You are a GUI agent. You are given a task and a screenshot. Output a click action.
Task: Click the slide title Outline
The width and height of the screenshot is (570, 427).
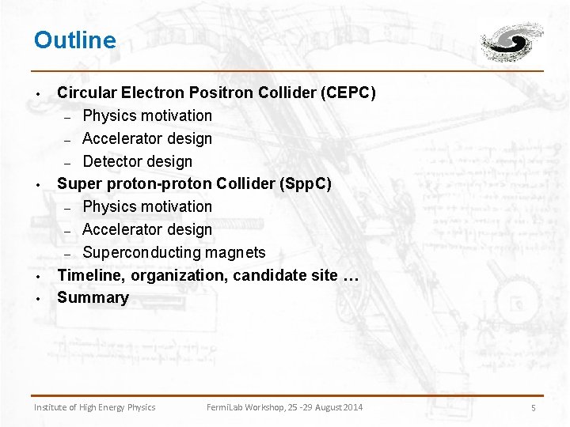coord(74,40)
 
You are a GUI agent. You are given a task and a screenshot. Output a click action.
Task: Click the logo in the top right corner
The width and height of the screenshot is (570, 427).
coord(512,41)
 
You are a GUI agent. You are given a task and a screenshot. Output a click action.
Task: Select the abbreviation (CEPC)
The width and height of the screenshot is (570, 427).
coord(348,93)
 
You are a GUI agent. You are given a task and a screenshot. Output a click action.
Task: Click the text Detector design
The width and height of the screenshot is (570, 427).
coord(137,161)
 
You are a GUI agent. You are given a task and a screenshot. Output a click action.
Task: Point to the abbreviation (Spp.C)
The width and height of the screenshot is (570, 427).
coord(306,184)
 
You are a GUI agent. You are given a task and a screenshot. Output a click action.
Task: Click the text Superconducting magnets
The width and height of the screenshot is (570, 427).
coord(174,252)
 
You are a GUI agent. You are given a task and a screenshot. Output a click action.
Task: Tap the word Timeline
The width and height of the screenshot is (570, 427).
coord(90,275)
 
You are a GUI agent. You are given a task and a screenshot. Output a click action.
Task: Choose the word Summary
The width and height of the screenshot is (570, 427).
coord(93,297)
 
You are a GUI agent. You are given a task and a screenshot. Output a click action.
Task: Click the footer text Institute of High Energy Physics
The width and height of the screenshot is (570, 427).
coord(94,407)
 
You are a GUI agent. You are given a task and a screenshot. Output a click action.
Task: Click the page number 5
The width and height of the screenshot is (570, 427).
coord(534,408)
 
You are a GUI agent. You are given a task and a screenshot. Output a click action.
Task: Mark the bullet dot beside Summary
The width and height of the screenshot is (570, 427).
coord(37,299)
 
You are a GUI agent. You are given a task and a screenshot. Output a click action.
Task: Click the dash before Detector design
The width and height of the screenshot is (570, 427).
coord(68,162)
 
